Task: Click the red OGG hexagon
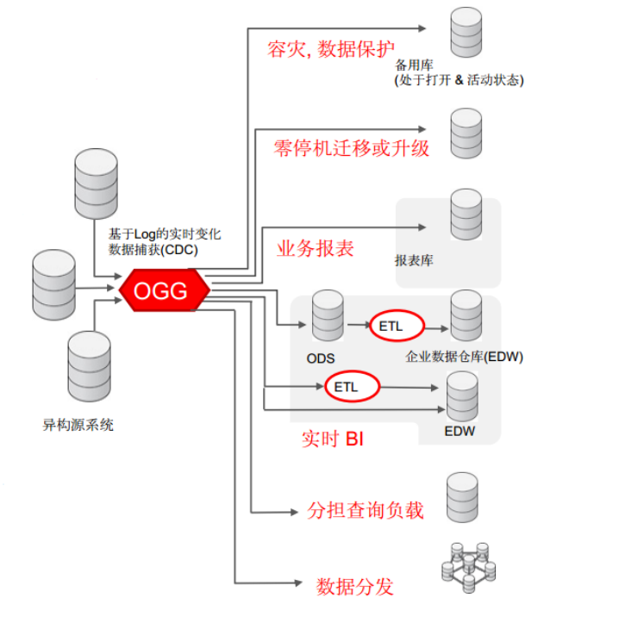(164, 291)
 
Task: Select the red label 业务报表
(315, 249)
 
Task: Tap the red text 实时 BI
(332, 440)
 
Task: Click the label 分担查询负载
(366, 511)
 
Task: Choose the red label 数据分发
(355, 588)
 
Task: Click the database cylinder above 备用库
(466, 32)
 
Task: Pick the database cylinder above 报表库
(466, 215)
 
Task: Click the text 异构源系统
(78, 424)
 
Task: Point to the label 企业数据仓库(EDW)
(465, 357)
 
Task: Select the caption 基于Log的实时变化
(166, 234)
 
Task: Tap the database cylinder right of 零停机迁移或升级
(466, 131)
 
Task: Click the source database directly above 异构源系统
(89, 365)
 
